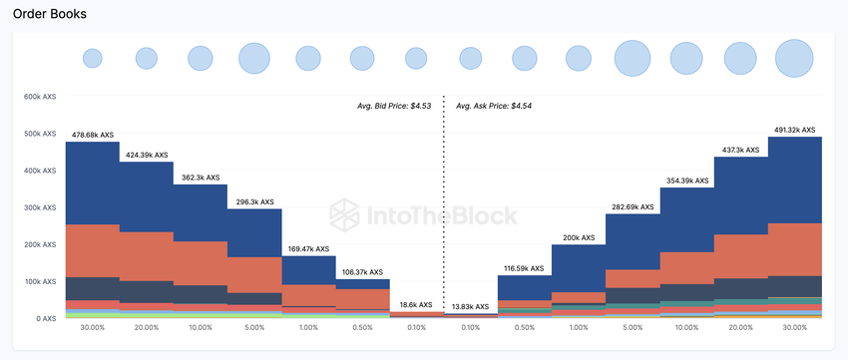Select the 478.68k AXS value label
93,135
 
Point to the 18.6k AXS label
416,304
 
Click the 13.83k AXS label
470,306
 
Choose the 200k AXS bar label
579,238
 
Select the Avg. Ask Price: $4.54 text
494,105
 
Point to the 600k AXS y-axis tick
40,97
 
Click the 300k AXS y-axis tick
40,207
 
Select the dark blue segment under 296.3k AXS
254,232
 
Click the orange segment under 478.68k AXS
93,250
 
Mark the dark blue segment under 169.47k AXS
308,270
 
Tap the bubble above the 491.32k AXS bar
794,58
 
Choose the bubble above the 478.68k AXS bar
93,58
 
